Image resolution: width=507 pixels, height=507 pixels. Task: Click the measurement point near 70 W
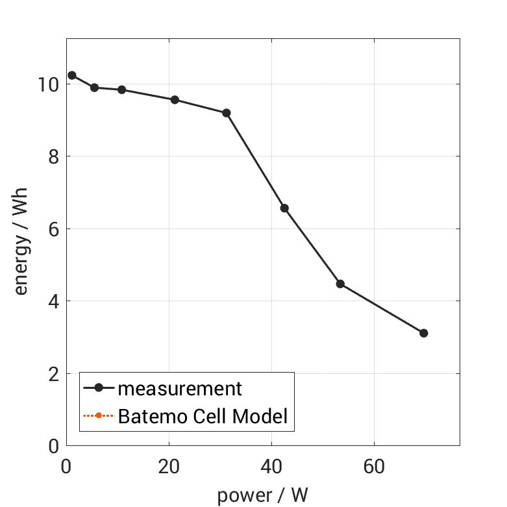coord(424,333)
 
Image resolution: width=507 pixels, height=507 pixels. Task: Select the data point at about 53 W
coord(340,284)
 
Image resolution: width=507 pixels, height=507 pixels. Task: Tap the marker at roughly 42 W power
coord(284,208)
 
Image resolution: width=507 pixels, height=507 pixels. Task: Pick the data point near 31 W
coord(227,113)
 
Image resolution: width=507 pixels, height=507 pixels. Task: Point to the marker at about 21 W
coord(175,99)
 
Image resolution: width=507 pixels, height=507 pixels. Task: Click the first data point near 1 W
coord(72,75)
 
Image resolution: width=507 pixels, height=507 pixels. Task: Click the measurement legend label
coord(180,389)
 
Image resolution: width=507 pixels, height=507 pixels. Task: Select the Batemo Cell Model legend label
coord(203,416)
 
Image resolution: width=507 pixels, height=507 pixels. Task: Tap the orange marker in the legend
coord(99,415)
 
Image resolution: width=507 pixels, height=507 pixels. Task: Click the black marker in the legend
coord(99,388)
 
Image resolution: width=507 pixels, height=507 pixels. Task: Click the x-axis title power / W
coord(262,495)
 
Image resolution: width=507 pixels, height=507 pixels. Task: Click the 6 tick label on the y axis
coord(54,229)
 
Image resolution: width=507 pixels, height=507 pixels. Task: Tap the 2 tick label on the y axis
coord(54,374)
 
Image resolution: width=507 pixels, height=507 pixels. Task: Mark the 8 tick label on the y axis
coord(54,156)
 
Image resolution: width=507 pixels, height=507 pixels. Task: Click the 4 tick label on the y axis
coord(54,301)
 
